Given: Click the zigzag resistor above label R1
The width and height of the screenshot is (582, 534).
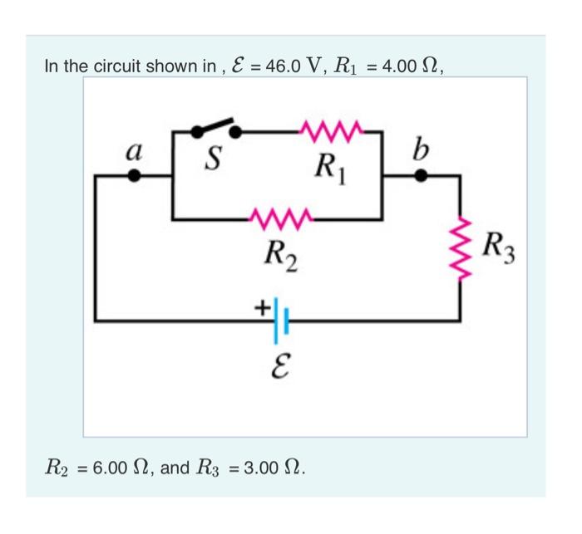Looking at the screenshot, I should coord(332,130).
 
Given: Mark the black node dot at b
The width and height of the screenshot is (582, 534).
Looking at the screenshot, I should coord(422,176).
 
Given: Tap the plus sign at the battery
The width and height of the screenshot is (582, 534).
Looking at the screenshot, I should coord(260,308).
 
